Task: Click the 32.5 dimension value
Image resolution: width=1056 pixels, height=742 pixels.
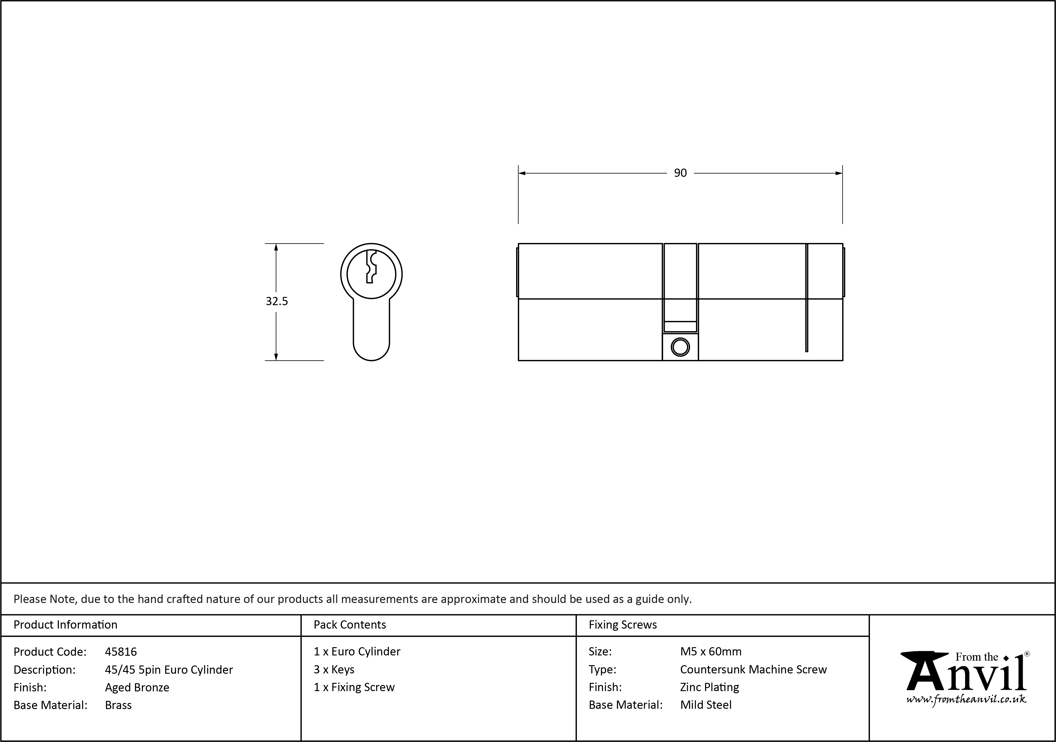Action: (276, 301)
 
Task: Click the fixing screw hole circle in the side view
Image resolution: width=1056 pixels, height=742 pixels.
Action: (680, 347)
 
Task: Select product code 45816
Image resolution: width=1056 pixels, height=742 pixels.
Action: (121, 651)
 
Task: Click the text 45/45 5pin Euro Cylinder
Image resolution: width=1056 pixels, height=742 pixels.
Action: (169, 669)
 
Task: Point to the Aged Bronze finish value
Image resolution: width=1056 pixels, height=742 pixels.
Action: (137, 687)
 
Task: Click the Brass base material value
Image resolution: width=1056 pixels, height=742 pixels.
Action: (118, 705)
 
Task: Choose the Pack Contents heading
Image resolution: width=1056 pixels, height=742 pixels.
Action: (350, 624)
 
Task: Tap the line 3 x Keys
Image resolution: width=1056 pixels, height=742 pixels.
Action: (334, 669)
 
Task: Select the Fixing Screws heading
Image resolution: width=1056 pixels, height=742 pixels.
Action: (623, 624)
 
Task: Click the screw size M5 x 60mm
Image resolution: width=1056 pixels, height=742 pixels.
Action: (711, 651)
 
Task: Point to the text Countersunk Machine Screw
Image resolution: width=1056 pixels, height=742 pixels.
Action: (753, 669)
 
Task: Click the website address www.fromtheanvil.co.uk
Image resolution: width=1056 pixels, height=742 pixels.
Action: (966, 700)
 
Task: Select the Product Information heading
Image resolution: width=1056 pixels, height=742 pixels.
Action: (65, 624)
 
